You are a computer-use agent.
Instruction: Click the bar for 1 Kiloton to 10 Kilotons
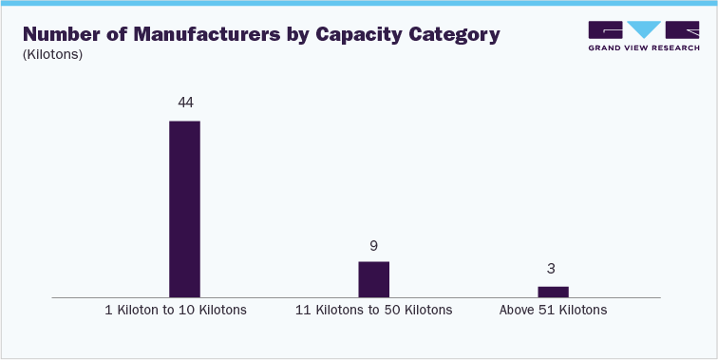click(184, 209)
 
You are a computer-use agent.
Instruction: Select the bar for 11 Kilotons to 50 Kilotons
click(373, 279)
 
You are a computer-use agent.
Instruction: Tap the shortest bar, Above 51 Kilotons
click(553, 292)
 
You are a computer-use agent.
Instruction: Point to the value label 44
click(184, 102)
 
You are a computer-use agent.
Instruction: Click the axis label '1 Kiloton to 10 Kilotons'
click(176, 311)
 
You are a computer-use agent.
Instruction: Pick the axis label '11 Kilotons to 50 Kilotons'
click(373, 311)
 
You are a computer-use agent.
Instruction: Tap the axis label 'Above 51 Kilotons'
click(553, 311)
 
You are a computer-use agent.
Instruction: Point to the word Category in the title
click(460, 35)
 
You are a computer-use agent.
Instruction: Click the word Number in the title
click(60, 35)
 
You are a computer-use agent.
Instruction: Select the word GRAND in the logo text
click(606, 47)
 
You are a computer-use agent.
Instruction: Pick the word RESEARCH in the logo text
click(676, 47)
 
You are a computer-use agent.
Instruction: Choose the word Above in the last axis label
click(517, 311)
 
